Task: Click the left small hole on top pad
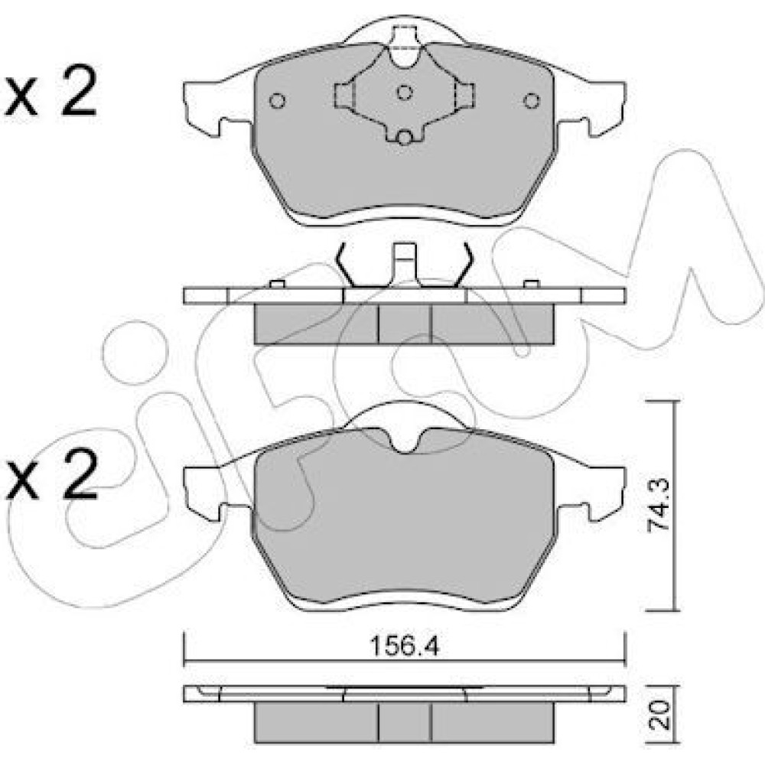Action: tap(277, 100)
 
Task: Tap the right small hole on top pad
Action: tap(532, 100)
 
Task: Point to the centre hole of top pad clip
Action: tap(405, 93)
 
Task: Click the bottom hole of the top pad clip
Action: tap(404, 138)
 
